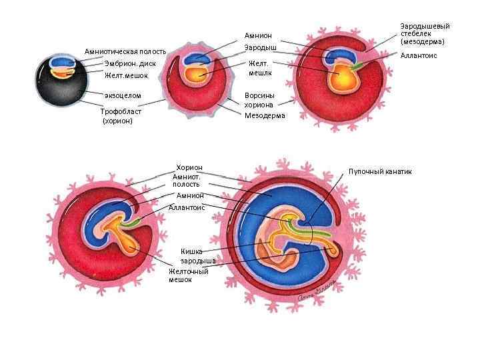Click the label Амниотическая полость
[x=125, y=51]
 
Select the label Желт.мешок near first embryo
[x=124, y=75]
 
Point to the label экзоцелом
[x=123, y=95]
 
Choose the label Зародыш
[x=260, y=48]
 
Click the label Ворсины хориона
[x=259, y=99]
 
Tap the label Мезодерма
[x=265, y=115]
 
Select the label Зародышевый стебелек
[x=425, y=33]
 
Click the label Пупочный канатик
[x=380, y=171]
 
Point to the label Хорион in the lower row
[x=189, y=167]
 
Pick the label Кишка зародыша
[x=197, y=255]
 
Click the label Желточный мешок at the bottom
[x=189, y=275]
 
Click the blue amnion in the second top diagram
[x=198, y=58]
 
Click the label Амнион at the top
[x=258, y=35]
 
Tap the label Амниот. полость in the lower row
[x=186, y=180]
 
